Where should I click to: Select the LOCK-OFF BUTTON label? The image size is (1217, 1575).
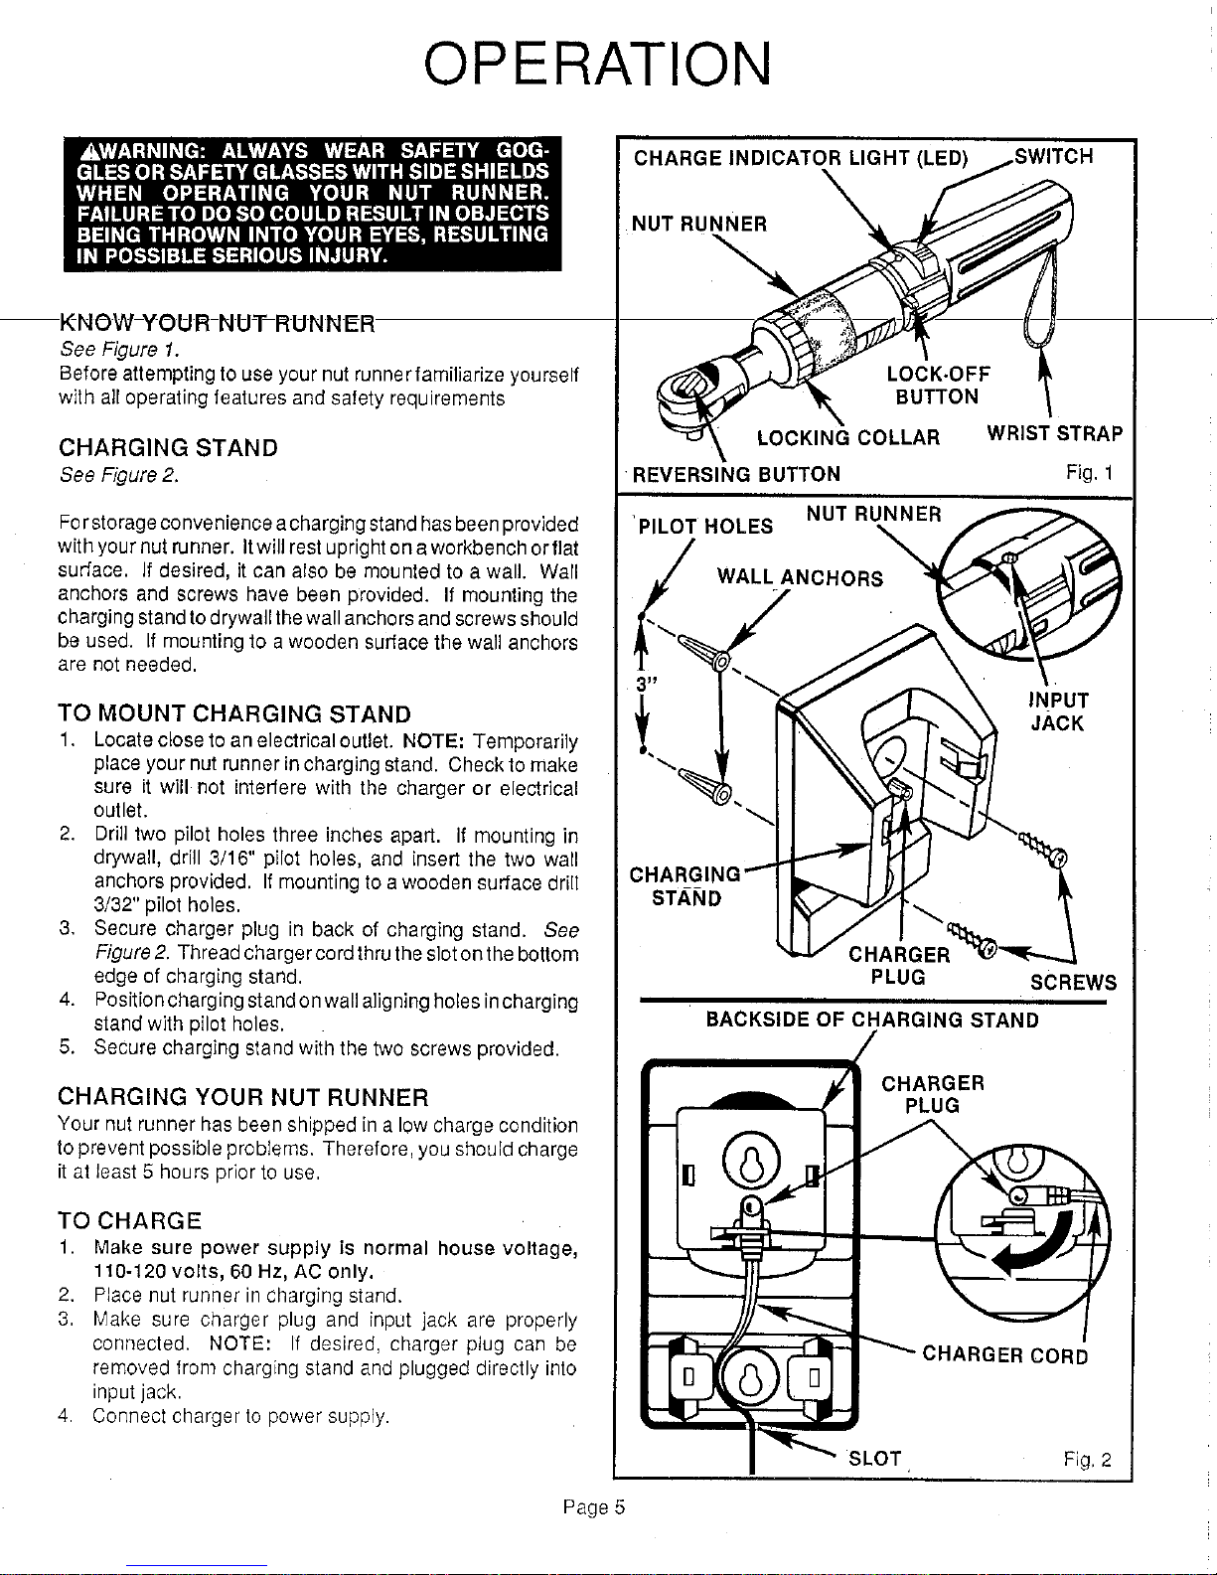(938, 386)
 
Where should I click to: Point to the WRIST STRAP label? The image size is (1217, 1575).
(1054, 434)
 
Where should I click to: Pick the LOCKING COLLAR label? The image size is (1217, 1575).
(847, 437)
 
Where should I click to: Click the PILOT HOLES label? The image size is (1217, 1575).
(706, 526)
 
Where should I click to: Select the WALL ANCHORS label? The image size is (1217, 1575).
(800, 577)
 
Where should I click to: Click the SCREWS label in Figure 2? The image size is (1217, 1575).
(1073, 983)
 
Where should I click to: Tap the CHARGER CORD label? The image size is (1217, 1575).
(1005, 1354)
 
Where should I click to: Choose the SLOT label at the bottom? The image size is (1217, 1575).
(874, 1459)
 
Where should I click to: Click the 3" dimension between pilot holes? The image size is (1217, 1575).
(647, 685)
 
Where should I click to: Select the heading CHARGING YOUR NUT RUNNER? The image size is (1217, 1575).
(243, 1097)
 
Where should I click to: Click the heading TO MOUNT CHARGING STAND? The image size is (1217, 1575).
(234, 713)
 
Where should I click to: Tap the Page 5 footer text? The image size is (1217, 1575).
(592, 1507)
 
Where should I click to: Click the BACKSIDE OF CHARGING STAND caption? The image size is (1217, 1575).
(872, 1020)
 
